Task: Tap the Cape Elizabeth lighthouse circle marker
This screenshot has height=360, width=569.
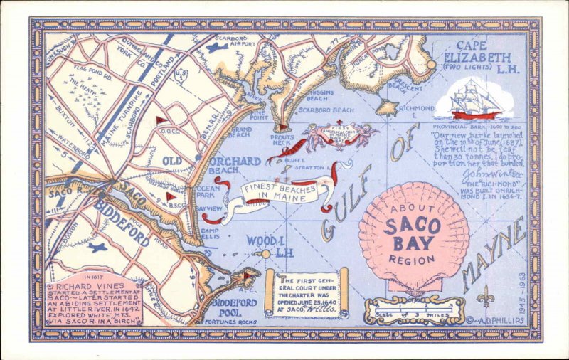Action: (430, 64)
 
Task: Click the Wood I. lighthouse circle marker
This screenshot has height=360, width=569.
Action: (265, 253)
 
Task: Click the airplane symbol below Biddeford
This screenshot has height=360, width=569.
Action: (97, 248)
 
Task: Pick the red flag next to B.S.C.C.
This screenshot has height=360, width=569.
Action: (170, 196)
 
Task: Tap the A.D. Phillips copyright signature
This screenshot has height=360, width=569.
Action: (499, 320)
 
